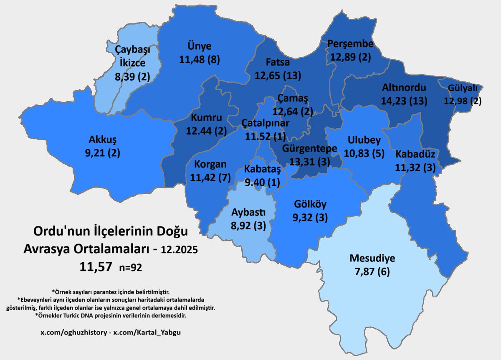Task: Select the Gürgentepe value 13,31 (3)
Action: [x=309, y=162]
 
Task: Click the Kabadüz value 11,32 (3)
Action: [x=415, y=167]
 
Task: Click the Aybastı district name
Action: [x=248, y=212]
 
